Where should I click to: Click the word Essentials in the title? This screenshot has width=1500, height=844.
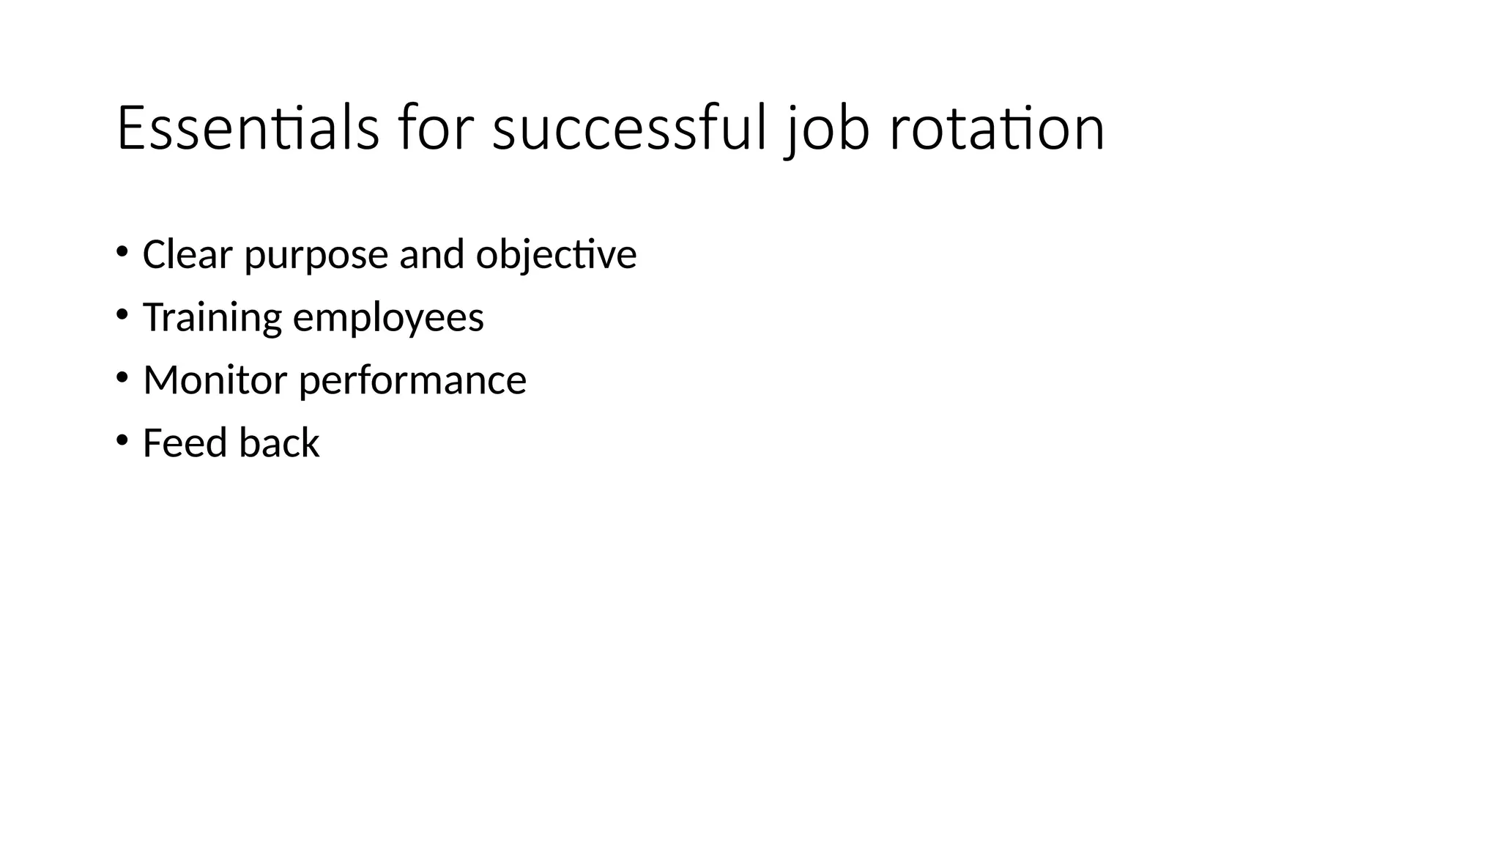pos(248,129)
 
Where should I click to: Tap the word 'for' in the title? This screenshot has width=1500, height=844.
pos(432,129)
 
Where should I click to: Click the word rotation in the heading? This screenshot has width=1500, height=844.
pos(997,129)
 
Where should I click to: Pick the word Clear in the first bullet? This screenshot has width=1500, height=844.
pos(187,254)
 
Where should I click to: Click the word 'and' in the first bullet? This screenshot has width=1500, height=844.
pos(432,254)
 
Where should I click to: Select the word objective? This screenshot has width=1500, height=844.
pos(557,256)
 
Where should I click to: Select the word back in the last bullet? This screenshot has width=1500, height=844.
pos(279,443)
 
